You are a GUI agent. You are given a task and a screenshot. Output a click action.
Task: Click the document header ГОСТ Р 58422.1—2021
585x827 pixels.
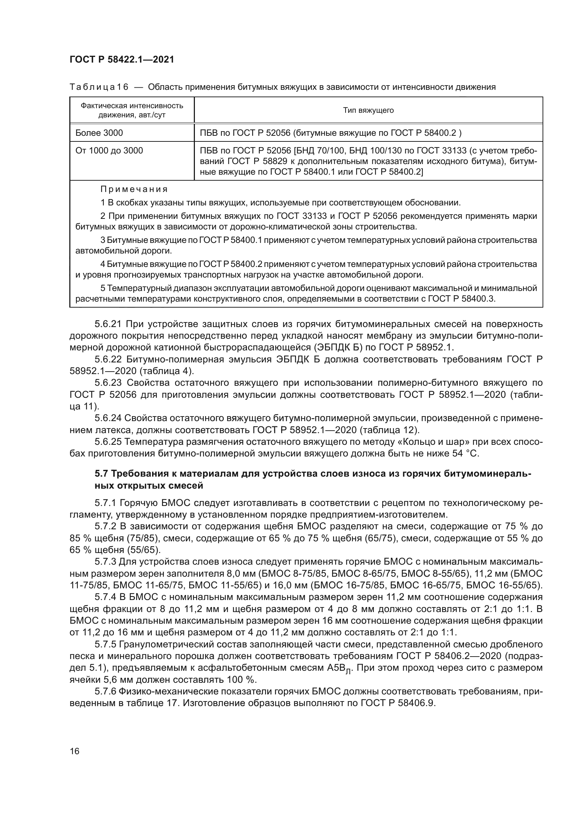coord(122,60)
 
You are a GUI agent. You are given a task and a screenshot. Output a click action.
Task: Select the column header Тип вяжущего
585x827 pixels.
coord(368,110)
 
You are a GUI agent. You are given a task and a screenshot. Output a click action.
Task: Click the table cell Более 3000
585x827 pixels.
coord(99,133)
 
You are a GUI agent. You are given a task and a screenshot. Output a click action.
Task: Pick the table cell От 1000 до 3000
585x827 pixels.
coord(109,151)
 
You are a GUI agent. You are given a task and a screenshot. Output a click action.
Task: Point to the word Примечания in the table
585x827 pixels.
coord(134,190)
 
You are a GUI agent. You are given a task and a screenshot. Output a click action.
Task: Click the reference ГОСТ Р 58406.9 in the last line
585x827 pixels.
coord(398,704)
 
